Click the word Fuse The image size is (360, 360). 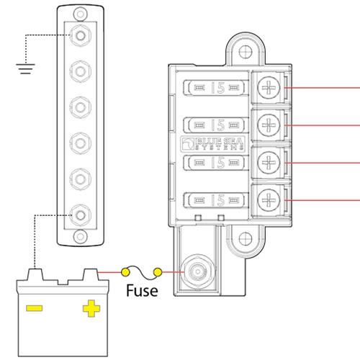pos(142,290)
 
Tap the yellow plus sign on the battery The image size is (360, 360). pos(91,308)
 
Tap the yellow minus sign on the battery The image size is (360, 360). pos(35,308)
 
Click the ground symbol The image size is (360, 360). pos(25,69)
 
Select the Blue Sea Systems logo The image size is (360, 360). pos(212,144)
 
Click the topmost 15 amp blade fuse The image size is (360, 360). pos(215,88)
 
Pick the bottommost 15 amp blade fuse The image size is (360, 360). pos(215,200)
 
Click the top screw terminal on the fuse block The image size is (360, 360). pos(269,88)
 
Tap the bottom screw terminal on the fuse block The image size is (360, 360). pos(269,200)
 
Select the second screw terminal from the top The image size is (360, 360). pos(269,125)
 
